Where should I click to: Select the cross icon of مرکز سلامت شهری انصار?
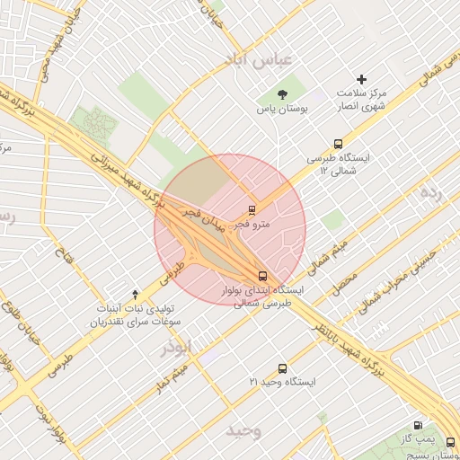pos(362,80)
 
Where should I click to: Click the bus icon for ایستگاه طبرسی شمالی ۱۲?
pos(338,143)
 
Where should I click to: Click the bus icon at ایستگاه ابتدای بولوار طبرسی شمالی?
pos(262,276)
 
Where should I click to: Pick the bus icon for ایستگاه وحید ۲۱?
pos(283,368)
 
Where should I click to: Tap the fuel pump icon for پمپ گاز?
pos(418,425)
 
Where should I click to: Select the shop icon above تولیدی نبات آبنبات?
pos(136,293)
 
